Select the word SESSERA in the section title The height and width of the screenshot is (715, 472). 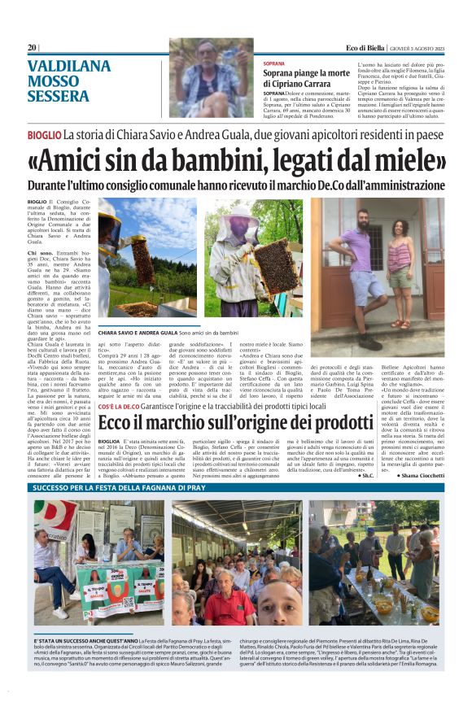[x=59, y=96]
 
